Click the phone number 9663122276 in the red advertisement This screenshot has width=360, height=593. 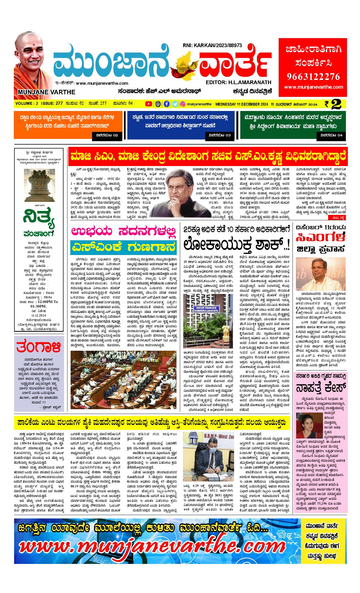tap(313, 77)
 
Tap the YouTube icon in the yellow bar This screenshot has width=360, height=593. tap(148, 104)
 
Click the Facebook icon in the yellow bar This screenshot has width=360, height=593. tap(167, 104)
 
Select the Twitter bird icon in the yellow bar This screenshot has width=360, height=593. tap(175, 104)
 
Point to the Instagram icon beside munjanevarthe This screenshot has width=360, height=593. tap(183, 104)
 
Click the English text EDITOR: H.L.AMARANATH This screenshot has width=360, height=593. tap(239, 82)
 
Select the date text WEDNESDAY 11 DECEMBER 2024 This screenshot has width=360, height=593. tap(242, 104)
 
